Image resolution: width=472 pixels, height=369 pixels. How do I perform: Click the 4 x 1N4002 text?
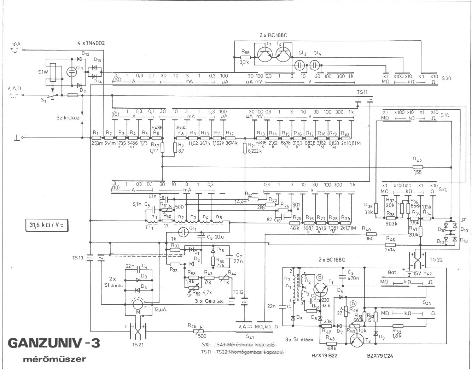tap(91, 43)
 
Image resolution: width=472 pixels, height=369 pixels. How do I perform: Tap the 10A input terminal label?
tap(16, 45)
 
